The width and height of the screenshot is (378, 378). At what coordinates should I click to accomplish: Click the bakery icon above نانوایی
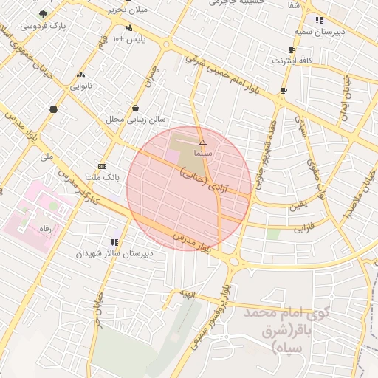tap(80, 75)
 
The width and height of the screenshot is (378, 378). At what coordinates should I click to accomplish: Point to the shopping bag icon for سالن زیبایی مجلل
tap(135, 107)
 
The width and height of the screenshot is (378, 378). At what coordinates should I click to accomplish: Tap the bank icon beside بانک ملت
tap(102, 167)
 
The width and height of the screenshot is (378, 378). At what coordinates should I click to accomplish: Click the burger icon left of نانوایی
tap(54, 109)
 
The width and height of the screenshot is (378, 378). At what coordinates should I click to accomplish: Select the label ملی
tap(47, 157)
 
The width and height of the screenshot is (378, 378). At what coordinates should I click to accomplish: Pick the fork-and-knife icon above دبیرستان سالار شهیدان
tap(114, 241)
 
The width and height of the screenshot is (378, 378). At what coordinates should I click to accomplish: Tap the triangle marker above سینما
tap(203, 142)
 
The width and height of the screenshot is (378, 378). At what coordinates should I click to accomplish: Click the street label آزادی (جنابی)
tap(214, 181)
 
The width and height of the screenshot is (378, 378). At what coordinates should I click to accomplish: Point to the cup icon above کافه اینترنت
tap(292, 50)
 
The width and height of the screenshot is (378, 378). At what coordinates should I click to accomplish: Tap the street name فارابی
tap(304, 226)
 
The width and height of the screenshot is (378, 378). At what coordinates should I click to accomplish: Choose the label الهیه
tap(190, 293)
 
